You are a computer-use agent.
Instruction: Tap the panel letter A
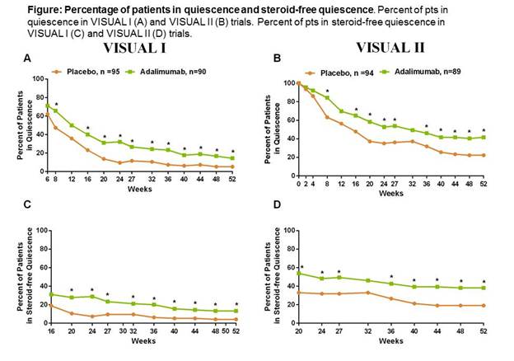[28, 59]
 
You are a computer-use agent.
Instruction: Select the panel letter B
[278, 59]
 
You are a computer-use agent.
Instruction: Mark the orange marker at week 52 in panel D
[484, 306]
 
